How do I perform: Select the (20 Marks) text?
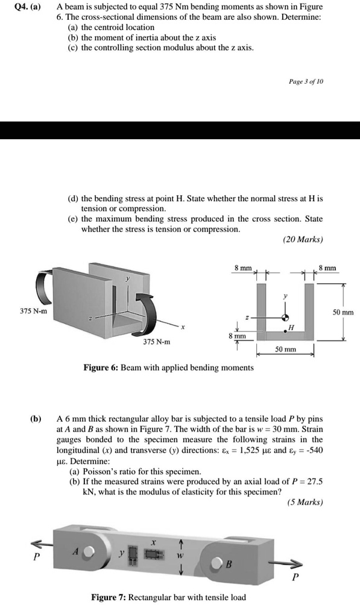pos(303,239)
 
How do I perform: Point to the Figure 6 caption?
pos(168,367)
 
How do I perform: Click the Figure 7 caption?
pos(168,597)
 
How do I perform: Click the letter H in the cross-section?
pos(291,327)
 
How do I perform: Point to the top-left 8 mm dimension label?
pos(244,267)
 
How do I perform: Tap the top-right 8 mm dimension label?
pos(330,267)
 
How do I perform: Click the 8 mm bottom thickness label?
pos(239,335)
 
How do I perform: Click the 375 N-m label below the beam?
pos(157,342)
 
